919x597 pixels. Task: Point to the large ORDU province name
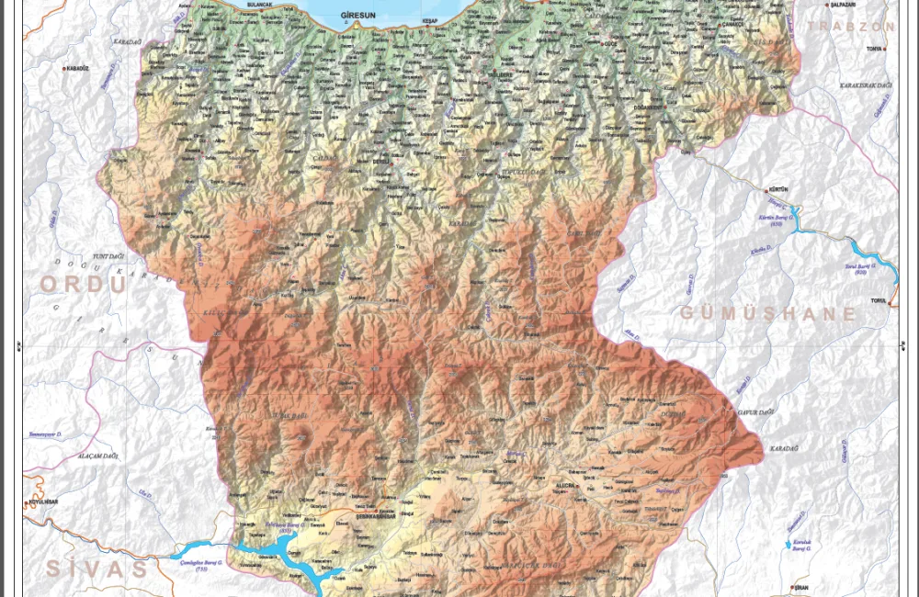(x=83, y=285)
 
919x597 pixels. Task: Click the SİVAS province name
(x=96, y=569)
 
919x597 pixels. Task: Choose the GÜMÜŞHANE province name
(x=768, y=314)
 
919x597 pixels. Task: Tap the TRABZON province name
(x=850, y=26)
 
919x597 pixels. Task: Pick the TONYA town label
(x=874, y=49)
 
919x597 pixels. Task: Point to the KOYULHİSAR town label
(x=44, y=502)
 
